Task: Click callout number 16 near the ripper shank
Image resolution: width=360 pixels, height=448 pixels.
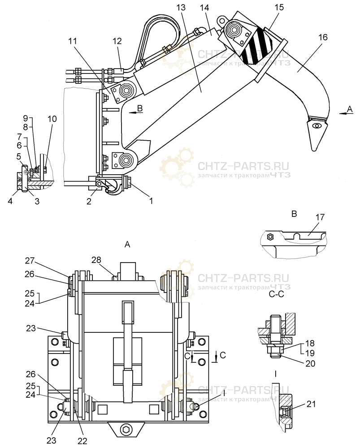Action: (323, 38)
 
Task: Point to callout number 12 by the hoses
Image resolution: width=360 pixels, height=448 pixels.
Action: (117, 40)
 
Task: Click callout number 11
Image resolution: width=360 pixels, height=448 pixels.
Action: (73, 41)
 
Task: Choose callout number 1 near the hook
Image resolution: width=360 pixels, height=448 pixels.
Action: (151, 201)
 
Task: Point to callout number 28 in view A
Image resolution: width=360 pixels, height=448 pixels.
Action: (96, 260)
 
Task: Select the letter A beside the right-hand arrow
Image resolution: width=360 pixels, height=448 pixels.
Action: (350, 108)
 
